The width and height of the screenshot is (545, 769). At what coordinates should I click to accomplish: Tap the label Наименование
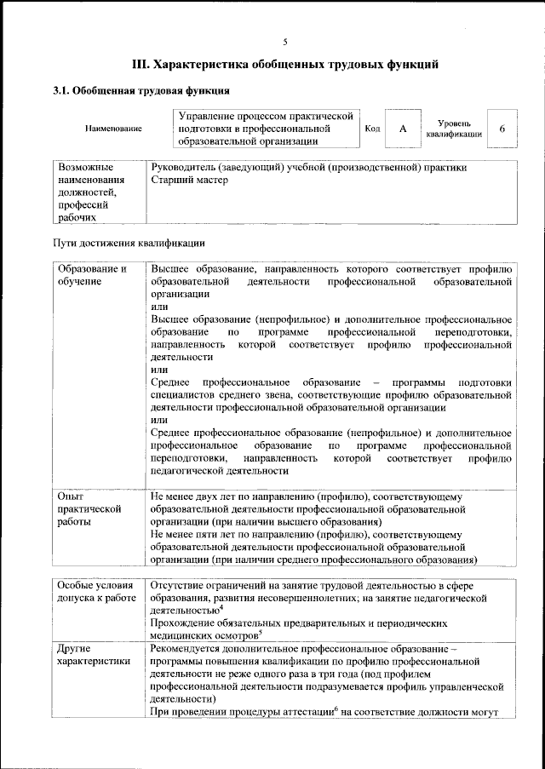click(x=113, y=129)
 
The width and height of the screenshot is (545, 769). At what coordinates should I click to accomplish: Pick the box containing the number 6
click(x=502, y=129)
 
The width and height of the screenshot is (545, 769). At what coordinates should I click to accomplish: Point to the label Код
click(x=372, y=129)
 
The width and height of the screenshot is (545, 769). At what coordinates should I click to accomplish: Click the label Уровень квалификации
click(x=454, y=129)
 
